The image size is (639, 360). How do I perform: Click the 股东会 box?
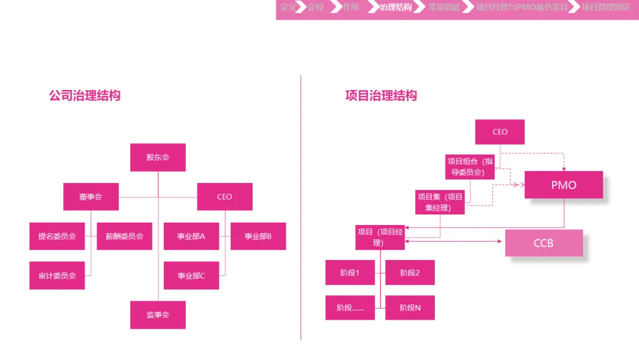(158, 157)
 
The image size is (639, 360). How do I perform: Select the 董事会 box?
(91, 197)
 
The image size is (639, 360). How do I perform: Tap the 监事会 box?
(158, 315)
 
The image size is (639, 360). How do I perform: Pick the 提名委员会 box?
(57, 236)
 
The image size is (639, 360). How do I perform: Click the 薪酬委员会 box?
(125, 236)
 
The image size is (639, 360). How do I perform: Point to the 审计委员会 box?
(57, 275)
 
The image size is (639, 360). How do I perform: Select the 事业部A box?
(191, 236)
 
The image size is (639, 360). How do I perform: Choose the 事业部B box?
(258, 236)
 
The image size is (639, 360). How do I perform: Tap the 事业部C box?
(191, 275)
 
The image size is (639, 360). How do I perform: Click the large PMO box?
(563, 185)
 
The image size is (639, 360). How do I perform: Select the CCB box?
(544, 243)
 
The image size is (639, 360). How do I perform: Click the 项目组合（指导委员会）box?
(470, 166)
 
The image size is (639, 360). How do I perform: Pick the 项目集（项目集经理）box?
(440, 202)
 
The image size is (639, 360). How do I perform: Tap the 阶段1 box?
(350, 272)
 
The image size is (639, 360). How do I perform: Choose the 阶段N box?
(410, 308)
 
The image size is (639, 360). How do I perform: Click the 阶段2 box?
(410, 272)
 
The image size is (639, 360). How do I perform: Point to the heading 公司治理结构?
(85, 95)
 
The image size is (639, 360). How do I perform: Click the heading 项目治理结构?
(381, 95)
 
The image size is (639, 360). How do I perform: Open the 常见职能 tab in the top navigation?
(444, 8)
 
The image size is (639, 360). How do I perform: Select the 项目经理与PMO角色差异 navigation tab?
(521, 8)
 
